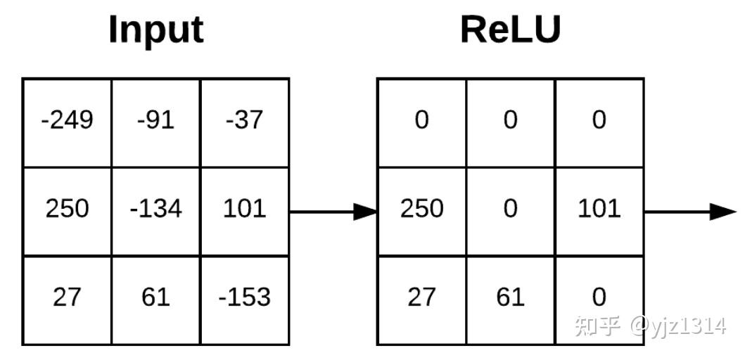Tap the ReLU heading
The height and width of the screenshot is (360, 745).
coord(511,30)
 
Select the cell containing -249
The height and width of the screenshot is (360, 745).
coord(67,123)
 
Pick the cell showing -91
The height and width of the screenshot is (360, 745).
coord(156,123)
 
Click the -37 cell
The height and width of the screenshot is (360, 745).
coord(245,123)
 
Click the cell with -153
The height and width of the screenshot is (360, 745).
coord(245,300)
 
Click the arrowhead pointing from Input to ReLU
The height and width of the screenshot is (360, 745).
coord(365,212)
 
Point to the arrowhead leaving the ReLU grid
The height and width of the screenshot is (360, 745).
coord(723,212)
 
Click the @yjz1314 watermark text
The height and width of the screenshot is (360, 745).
coord(677,326)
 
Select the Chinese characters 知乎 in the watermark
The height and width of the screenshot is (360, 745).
coord(598,326)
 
